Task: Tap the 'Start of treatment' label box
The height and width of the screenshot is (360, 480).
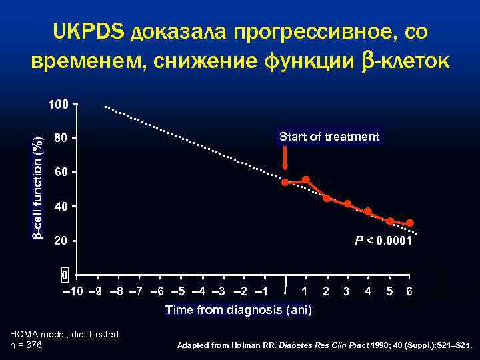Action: [329, 137]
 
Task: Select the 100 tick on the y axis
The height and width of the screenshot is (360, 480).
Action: [59, 105]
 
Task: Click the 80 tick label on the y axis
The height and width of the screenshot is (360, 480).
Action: [60, 139]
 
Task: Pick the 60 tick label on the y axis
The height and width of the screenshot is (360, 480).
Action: [60, 173]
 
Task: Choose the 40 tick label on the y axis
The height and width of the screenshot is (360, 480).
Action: [60, 207]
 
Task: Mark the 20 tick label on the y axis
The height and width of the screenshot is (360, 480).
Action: [60, 241]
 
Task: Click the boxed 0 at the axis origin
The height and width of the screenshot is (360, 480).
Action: [65, 275]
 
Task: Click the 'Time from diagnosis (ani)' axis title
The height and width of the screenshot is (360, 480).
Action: [238, 310]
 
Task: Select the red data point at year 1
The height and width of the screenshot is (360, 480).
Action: [305, 179]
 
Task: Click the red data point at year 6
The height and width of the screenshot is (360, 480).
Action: [409, 223]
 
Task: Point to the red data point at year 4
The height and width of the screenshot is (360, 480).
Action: [368, 211]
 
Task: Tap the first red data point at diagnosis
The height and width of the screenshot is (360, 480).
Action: [285, 182]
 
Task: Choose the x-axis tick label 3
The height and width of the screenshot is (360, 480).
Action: [347, 291]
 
